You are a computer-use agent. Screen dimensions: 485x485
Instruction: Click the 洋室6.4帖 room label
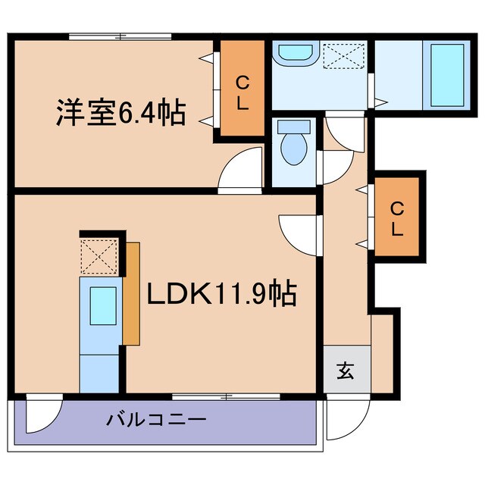[x=120, y=113]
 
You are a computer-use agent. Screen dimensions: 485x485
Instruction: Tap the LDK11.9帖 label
[x=221, y=293]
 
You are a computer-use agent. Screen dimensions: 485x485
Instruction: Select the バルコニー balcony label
[x=156, y=418]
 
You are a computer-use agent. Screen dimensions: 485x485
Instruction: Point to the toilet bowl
[x=293, y=144]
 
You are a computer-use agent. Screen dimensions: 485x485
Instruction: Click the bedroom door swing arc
[x=241, y=168]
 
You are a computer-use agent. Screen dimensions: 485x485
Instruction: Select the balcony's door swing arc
[x=42, y=415]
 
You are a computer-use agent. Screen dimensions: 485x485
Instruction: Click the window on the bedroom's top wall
[x=120, y=36]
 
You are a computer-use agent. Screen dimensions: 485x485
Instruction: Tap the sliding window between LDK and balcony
[x=226, y=396]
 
